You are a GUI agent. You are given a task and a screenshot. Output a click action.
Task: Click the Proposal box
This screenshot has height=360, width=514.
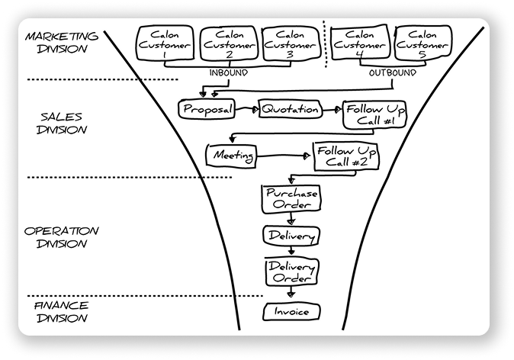pos(205,110)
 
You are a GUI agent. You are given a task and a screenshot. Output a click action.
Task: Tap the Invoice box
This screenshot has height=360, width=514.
pos(291,311)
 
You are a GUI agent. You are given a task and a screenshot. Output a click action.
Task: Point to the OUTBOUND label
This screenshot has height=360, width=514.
pos(392,73)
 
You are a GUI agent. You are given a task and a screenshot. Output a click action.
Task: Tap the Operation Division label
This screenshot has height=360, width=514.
pos(61,236)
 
